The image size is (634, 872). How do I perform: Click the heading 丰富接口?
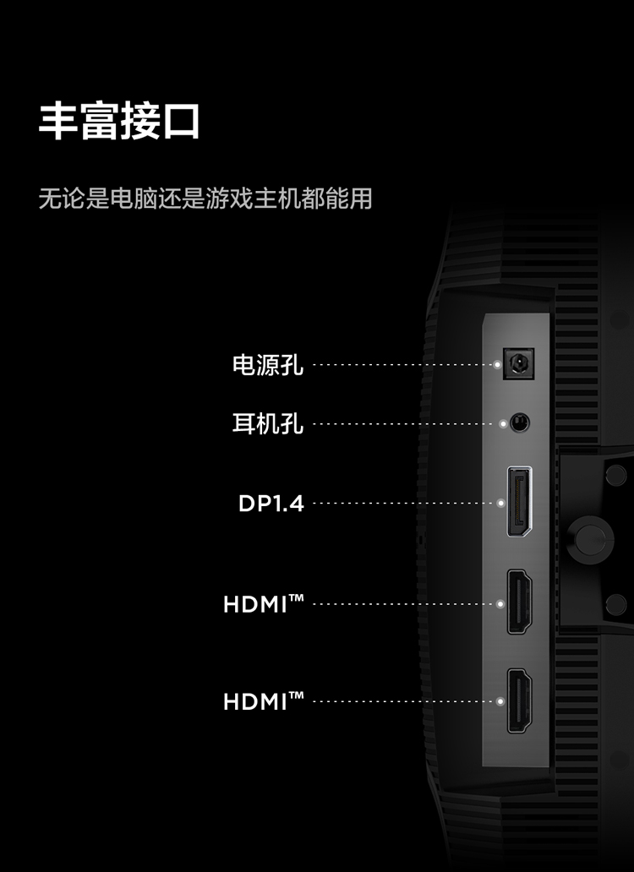pyautogui.click(x=119, y=122)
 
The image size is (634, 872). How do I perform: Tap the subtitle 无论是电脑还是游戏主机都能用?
pyautogui.click(x=205, y=199)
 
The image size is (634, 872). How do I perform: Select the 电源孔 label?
pyautogui.click(x=268, y=366)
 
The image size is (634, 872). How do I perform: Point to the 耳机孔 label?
pyautogui.click(x=268, y=423)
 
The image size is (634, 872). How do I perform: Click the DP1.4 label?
pyautogui.click(x=271, y=504)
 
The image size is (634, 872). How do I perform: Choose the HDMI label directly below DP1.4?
pyautogui.click(x=263, y=604)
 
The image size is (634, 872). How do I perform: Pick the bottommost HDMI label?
pyautogui.click(x=263, y=700)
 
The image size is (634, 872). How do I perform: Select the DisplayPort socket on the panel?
pyautogui.click(x=518, y=502)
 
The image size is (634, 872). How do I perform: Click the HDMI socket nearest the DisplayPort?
pyautogui.click(x=519, y=603)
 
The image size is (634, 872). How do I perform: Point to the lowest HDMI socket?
pyautogui.click(x=519, y=700)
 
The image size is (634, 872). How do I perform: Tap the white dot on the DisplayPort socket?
pyautogui.click(x=500, y=504)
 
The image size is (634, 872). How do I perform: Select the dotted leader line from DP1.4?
pyautogui.click(x=404, y=504)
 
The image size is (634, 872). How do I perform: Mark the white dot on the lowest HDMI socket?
pyautogui.click(x=500, y=701)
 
